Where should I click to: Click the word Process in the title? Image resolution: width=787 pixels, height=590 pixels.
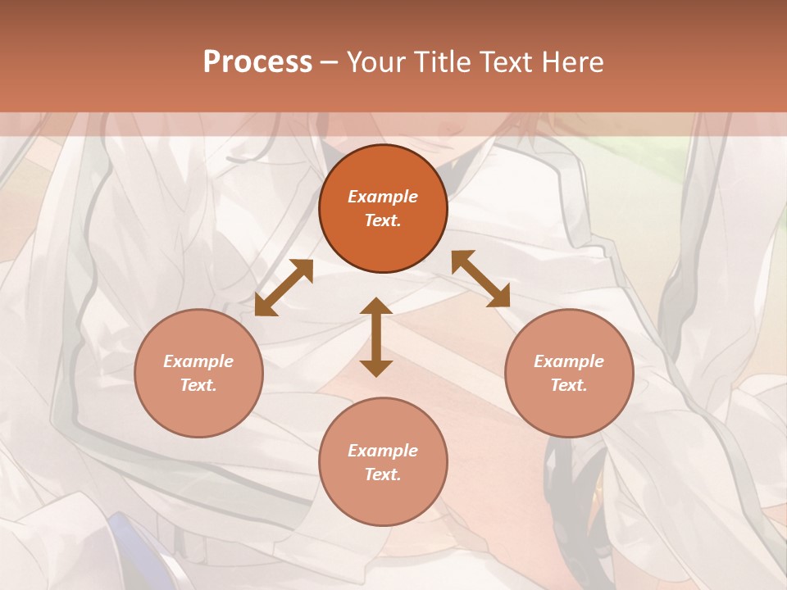pyautogui.click(x=257, y=62)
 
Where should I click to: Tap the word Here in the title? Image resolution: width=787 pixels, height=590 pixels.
pyautogui.click(x=572, y=62)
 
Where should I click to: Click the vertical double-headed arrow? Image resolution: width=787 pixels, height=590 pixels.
pyautogui.click(x=376, y=337)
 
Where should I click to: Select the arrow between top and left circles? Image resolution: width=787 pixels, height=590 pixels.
pyautogui.click(x=284, y=288)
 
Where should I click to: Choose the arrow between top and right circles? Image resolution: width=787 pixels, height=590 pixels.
pyautogui.click(x=480, y=279)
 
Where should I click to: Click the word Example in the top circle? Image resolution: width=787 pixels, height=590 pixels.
pyautogui.click(x=383, y=197)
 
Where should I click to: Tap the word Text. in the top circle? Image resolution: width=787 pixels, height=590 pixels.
pyautogui.click(x=383, y=220)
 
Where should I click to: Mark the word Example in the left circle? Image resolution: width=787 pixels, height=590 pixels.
pyautogui.click(x=198, y=361)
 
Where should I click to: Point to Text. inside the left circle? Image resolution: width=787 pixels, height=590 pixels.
pyautogui.click(x=198, y=385)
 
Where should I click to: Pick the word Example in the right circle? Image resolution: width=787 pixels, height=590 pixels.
pyautogui.click(x=569, y=361)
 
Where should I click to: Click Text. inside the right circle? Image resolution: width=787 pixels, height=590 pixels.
pyautogui.click(x=569, y=385)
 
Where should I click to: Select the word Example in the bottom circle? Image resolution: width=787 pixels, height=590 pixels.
pyautogui.click(x=383, y=451)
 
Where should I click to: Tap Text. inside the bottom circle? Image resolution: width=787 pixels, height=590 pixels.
pyautogui.click(x=383, y=474)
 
